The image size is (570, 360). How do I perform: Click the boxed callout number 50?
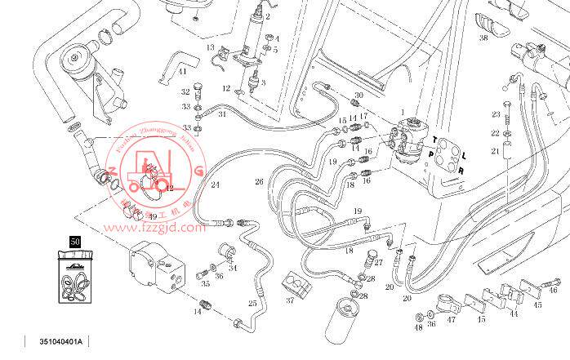[74, 242]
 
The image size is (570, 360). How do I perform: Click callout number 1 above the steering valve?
[403, 111]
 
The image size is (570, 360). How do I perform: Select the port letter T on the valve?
[435, 138]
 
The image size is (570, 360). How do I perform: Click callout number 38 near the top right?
[483, 38]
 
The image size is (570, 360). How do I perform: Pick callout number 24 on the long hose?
[216, 185]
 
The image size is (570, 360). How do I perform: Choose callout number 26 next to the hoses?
[259, 181]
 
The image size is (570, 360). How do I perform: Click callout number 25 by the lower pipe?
[252, 304]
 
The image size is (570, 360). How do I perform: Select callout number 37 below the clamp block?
[289, 300]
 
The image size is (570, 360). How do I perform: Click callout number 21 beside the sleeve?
[495, 151]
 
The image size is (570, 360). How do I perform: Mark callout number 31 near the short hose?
[221, 115]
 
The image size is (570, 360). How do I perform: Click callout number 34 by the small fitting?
[234, 267]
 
